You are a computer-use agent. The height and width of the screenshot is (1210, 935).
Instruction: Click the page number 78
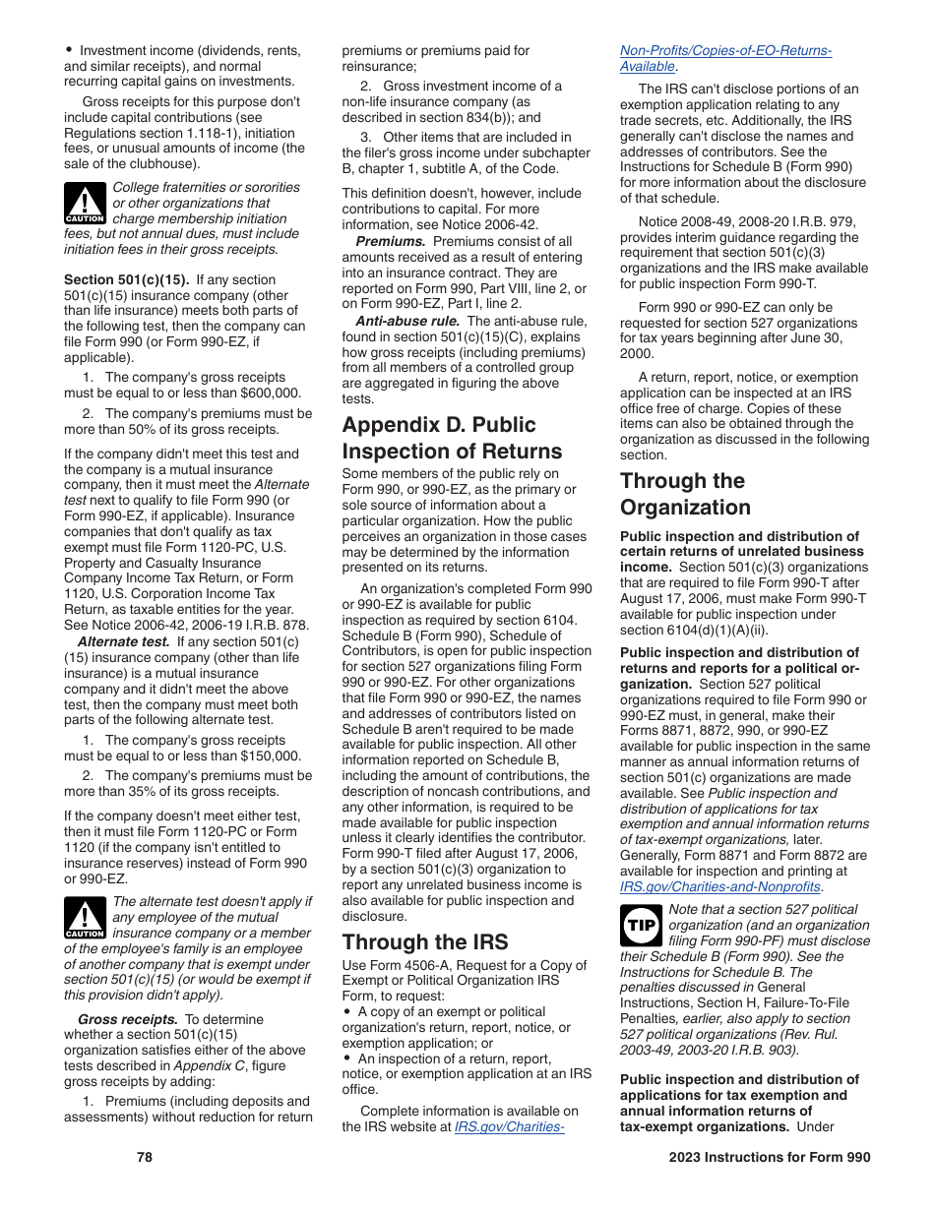coord(145,1157)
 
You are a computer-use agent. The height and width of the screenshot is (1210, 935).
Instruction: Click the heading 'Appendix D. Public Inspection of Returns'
coord(453,438)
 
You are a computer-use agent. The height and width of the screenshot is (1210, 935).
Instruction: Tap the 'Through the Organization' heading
coord(685,494)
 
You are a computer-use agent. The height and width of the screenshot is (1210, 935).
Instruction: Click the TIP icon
coord(641,926)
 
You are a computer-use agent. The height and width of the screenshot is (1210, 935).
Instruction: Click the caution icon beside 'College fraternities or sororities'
coord(85,204)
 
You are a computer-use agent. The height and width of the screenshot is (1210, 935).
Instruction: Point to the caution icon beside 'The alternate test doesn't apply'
coord(85,918)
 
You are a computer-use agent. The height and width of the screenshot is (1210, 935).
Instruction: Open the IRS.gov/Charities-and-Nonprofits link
coord(719,886)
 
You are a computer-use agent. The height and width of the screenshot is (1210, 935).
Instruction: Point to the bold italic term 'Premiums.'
coord(391,242)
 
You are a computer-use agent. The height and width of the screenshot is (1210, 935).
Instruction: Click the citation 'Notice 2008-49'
coord(681,221)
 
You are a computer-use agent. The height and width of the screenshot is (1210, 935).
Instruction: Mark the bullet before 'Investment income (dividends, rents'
coord(69,48)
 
